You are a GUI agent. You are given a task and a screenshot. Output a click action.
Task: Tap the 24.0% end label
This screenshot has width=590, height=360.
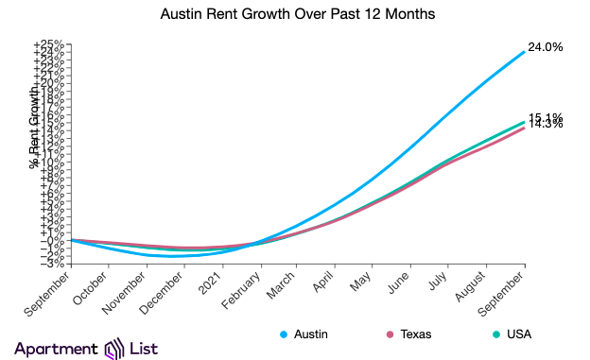pos(546,47)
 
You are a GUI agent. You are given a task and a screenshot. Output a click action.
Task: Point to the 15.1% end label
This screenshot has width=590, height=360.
pos(546,117)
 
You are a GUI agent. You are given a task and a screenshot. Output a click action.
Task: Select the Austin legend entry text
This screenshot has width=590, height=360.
pos(312,334)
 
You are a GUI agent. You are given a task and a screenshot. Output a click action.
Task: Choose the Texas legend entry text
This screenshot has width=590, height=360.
pos(420,334)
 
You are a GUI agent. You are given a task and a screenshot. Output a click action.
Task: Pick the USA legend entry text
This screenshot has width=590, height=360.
pos(520,334)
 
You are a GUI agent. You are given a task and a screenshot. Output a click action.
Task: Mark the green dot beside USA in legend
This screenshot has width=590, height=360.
pos(496,334)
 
